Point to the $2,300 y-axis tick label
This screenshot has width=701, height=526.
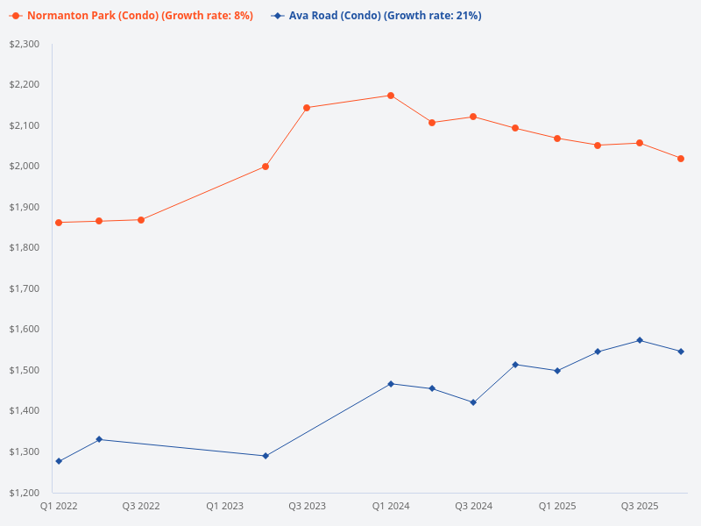[x=24, y=44]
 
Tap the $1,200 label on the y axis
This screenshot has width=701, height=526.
[x=24, y=492]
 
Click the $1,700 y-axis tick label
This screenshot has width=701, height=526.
[x=24, y=288]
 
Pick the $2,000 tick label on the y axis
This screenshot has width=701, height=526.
[x=24, y=167]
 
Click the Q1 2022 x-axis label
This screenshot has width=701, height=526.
[x=59, y=507]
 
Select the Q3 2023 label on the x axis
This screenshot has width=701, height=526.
[x=307, y=507]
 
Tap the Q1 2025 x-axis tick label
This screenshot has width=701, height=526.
[x=557, y=507]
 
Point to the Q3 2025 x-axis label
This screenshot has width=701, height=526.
[x=640, y=507]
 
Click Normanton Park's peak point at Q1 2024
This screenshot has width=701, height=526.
[x=391, y=96]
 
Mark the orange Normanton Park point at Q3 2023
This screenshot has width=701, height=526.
[x=307, y=108]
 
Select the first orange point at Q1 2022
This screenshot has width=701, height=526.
[x=59, y=223]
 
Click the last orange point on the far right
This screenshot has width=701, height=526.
[x=681, y=159]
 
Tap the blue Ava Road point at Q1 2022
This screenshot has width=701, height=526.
[x=59, y=461]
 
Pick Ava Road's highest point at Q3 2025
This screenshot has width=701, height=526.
[x=640, y=340]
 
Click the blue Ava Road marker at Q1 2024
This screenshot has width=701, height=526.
[x=391, y=384]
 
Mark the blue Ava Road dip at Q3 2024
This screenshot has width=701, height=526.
[x=473, y=402]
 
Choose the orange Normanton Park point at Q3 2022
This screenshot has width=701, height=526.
[x=141, y=220]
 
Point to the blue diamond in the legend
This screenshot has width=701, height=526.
[x=277, y=16]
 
